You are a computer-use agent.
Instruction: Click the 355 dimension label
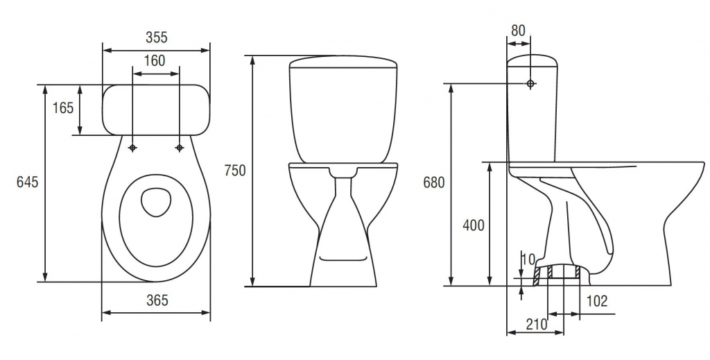pyautogui.click(x=156, y=37)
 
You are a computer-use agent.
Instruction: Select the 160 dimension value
pyautogui.click(x=155, y=60)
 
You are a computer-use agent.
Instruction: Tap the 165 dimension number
pyautogui.click(x=62, y=108)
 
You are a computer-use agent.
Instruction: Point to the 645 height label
pyautogui.click(x=28, y=182)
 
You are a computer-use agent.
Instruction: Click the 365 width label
pyautogui.click(x=157, y=300)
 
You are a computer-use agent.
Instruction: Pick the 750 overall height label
pyautogui.click(x=235, y=171)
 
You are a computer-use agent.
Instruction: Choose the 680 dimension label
pyautogui.click(x=434, y=182)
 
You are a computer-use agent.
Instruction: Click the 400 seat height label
pyautogui.click(x=473, y=225)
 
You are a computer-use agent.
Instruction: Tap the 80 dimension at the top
pyautogui.click(x=518, y=31)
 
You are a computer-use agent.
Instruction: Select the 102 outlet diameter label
pyautogui.click(x=597, y=300)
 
